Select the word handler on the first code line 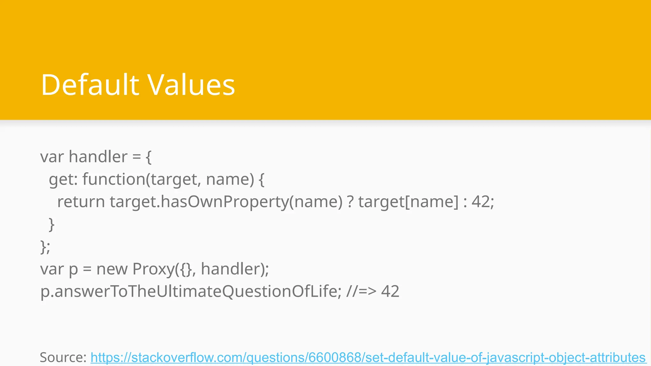pos(98,157)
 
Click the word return pos(81,202)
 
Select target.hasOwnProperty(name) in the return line pos(226,202)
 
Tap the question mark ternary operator pos(350,202)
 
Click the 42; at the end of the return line pos(483,202)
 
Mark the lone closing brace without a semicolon pos(51,224)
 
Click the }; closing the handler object pos(45,247)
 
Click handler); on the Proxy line pos(235,269)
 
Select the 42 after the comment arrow pos(390,291)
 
